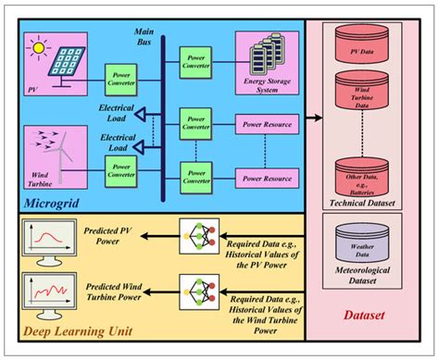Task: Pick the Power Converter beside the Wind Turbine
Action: coord(121,169)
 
